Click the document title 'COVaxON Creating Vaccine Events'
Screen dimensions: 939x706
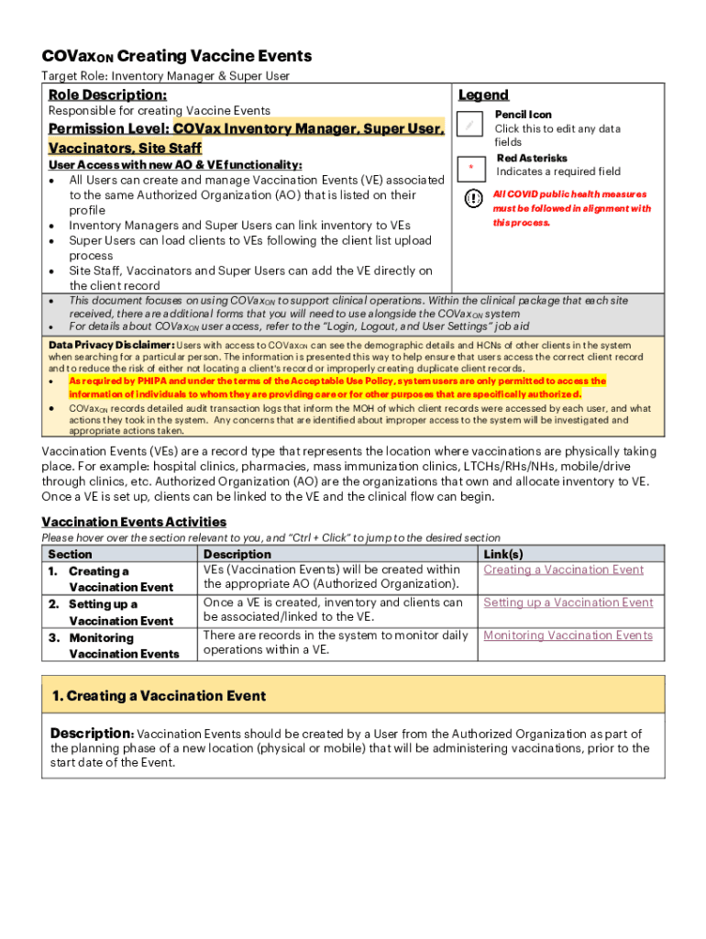pyautogui.click(x=176, y=56)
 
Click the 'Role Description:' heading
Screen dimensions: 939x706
pyautogui.click(x=107, y=94)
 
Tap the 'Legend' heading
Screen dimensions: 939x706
pyautogui.click(x=483, y=94)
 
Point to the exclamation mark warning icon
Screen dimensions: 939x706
pyautogui.click(x=472, y=199)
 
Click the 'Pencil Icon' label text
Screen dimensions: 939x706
pyautogui.click(x=523, y=115)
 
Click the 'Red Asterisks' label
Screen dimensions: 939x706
pyautogui.click(x=532, y=158)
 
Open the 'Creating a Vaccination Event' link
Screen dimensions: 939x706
pyautogui.click(x=563, y=569)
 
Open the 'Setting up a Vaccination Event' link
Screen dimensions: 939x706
pyautogui.click(x=568, y=602)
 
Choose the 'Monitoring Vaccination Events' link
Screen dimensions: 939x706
pyautogui.click(x=568, y=635)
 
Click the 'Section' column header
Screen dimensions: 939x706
pyautogui.click(x=70, y=554)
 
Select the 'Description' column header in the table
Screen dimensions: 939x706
pyautogui.click(x=237, y=554)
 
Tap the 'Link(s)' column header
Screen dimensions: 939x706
pyautogui.click(x=503, y=554)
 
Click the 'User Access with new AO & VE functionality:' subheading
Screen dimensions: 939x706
pyautogui.click(x=174, y=165)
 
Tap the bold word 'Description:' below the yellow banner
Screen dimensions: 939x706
pyautogui.click(x=92, y=734)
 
